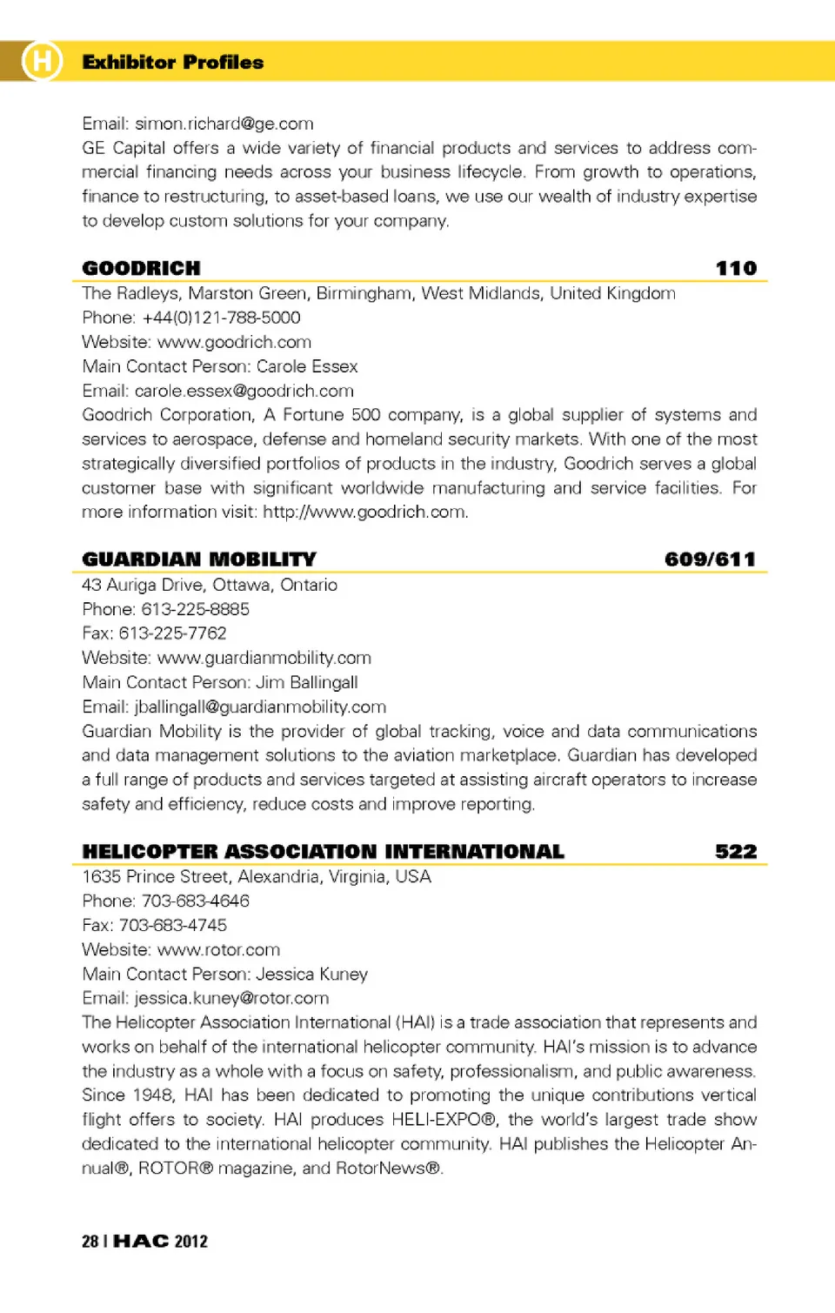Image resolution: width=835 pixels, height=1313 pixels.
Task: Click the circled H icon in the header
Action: pos(42,61)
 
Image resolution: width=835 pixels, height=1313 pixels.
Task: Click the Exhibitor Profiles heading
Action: pos(172,62)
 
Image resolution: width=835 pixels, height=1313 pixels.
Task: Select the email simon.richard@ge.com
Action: pos(224,124)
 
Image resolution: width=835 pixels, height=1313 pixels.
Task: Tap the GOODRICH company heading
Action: pos(141,268)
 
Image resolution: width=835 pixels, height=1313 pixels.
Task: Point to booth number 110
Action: pos(736,268)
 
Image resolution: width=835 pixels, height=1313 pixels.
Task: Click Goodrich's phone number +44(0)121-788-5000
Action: pos(221,318)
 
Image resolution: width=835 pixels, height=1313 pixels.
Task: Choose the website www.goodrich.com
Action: pos(234,342)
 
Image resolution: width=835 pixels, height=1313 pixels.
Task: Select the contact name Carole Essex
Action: pos(307,366)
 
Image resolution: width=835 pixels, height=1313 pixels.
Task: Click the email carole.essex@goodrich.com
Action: pos(244,391)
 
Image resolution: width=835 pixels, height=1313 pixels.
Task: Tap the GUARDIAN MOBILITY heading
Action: pos(199,559)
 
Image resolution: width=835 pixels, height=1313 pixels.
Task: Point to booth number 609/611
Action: pos(710,559)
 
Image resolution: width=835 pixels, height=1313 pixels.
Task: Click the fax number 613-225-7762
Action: pos(172,633)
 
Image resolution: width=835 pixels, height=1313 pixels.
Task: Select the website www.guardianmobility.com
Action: pos(264,658)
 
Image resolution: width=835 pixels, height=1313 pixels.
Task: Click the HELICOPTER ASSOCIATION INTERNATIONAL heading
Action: pos(323,851)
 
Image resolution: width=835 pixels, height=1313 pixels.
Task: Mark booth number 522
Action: pos(736,851)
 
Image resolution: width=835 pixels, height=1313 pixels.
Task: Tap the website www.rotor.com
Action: pos(218,949)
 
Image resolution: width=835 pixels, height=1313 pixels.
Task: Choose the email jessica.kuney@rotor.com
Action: pos(231,998)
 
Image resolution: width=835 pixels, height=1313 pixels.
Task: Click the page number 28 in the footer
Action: pos(90,1242)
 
